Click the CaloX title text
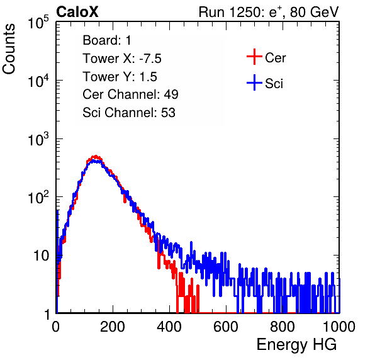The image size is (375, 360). coord(77,12)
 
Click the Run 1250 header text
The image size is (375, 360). coord(269,13)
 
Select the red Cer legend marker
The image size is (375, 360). coord(254,57)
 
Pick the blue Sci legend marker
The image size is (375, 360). coord(254,83)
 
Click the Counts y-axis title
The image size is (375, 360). coord(9,49)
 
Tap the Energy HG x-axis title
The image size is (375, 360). coord(296,345)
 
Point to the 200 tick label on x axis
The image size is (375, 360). coord(113,327)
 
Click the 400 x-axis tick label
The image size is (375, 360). coord(169,327)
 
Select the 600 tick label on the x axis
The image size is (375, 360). coord(226,327)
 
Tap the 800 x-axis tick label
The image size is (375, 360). coord(283,327)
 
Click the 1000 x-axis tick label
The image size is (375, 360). coord(339,327)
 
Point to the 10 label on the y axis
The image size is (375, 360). coord(41,256)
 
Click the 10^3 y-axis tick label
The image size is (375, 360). coord(38,139)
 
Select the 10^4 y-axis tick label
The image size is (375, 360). coord(38,81)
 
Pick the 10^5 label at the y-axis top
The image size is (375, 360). coord(38,22)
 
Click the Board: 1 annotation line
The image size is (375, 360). coord(107,40)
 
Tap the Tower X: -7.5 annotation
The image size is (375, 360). coord(122,59)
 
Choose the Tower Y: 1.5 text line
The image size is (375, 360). coord(120,77)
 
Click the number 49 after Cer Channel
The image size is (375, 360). coord(171,94)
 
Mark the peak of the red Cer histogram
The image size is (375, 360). coord(96,156)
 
